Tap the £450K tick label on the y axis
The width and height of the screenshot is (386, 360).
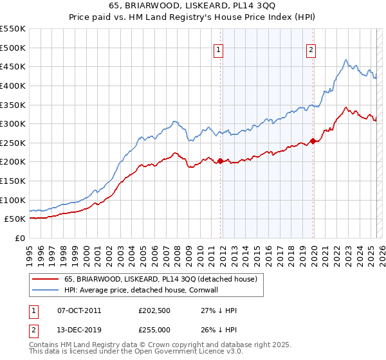(x=12, y=66)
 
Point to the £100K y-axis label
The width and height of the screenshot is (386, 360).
(x=12, y=200)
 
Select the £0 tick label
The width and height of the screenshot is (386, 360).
(x=19, y=238)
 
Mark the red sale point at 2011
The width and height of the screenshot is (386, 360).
(x=220, y=161)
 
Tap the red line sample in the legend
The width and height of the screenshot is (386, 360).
(x=45, y=279)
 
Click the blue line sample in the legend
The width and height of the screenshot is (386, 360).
(x=45, y=290)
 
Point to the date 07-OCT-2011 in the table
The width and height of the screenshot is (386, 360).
(x=79, y=310)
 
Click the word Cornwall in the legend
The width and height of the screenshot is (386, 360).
(x=222, y=290)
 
